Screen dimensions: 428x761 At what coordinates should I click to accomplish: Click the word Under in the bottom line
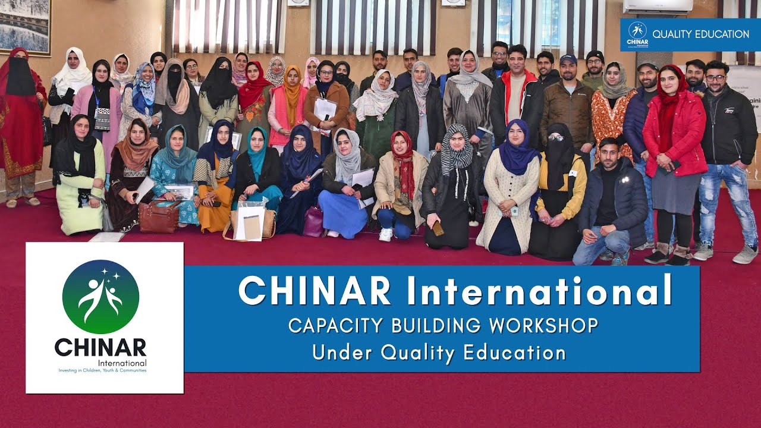343,353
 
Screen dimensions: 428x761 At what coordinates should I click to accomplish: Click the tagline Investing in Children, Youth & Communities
102,370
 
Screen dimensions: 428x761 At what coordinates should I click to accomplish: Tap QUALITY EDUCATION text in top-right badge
700,34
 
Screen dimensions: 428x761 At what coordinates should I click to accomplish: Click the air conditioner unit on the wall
658,7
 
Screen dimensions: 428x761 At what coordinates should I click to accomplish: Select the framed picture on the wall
25,27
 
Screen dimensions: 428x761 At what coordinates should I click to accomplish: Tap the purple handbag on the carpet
313,222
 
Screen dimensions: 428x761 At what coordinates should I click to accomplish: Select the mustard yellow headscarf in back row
292,92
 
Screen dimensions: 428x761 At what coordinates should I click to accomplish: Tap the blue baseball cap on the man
568,59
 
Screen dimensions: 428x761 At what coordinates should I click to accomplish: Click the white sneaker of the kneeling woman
386,234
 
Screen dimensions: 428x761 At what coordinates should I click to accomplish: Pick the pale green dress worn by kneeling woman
79,196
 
